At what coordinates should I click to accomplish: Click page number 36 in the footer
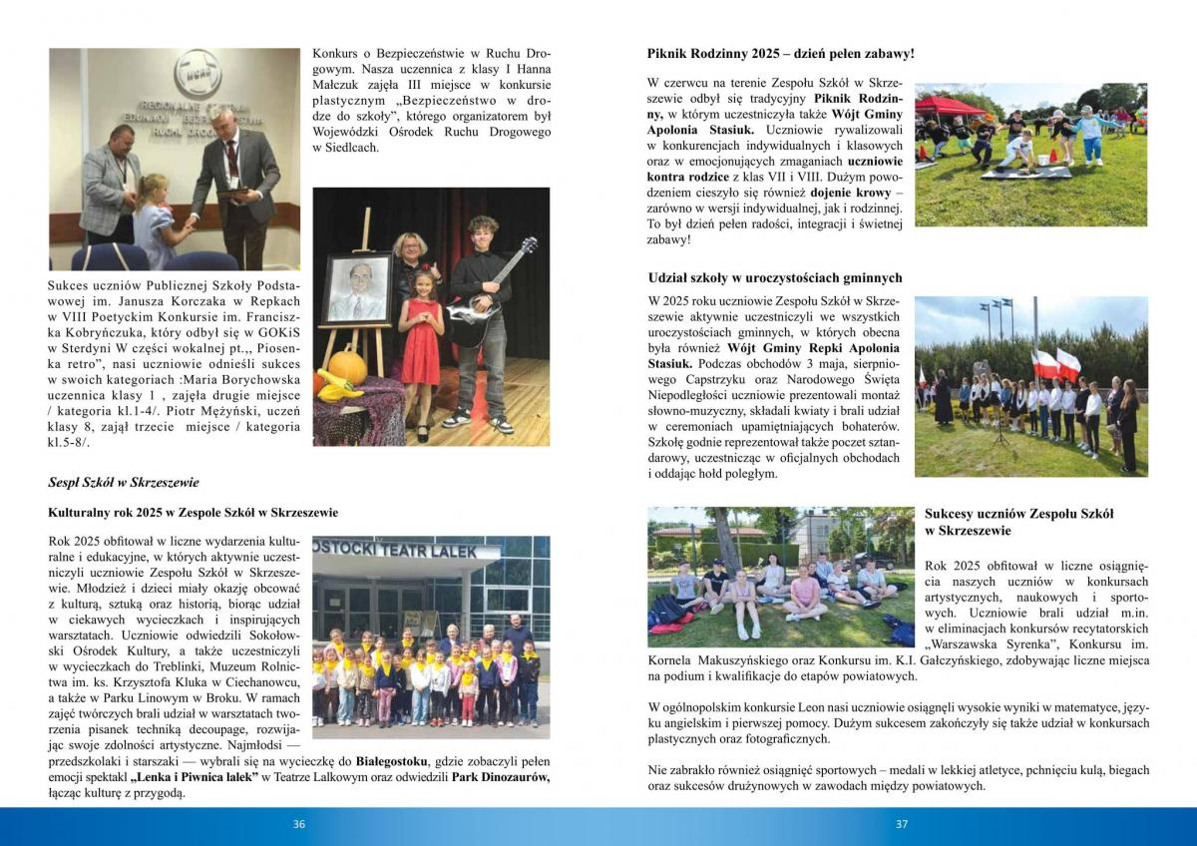pos(298,824)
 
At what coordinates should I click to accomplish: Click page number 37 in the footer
pos(902,824)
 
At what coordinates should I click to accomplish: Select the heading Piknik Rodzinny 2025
pos(780,53)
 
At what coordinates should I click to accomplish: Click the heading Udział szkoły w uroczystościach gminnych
pos(774,277)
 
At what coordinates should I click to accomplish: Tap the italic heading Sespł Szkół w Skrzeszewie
pos(124,482)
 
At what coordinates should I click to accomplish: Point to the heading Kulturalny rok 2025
pos(193,512)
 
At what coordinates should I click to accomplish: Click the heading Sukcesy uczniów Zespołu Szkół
pos(1018,514)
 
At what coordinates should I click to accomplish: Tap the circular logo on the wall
pos(198,73)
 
